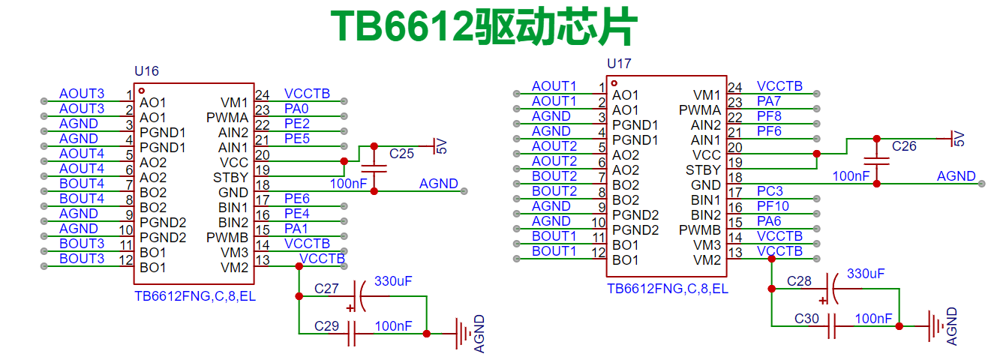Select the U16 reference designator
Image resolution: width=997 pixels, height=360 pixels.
(x=146, y=71)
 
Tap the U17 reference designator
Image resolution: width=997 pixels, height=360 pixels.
(x=619, y=64)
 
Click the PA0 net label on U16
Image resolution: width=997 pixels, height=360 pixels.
(x=296, y=109)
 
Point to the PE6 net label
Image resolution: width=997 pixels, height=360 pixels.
(x=297, y=199)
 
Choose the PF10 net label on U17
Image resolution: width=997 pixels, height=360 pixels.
(x=773, y=206)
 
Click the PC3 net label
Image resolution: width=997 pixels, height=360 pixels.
(x=770, y=191)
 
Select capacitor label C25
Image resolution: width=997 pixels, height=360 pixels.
(x=401, y=154)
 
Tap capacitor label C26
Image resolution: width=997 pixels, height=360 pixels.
(x=904, y=146)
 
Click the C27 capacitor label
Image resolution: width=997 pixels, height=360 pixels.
(x=326, y=288)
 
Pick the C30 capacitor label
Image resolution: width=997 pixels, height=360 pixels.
(x=807, y=319)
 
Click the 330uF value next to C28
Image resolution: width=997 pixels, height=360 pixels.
(x=866, y=274)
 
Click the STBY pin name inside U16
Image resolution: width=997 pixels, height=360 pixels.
(x=230, y=178)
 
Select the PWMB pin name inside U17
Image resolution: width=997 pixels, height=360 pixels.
(x=700, y=230)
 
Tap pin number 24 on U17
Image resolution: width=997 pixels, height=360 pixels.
(x=735, y=87)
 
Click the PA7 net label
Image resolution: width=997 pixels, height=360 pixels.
(x=769, y=101)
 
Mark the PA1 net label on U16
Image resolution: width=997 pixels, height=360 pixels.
(x=296, y=229)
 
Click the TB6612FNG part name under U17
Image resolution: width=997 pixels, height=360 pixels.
(x=668, y=289)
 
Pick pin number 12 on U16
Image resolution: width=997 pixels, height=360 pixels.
(x=126, y=260)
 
